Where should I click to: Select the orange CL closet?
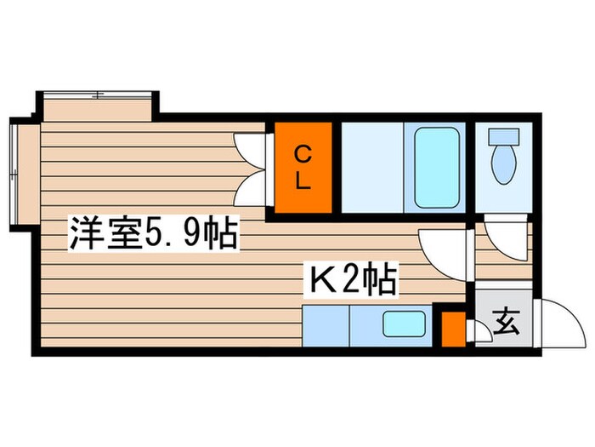[303, 168]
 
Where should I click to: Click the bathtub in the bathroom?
[437, 168]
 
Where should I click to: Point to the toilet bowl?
[503, 163]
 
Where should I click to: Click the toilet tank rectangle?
[503, 135]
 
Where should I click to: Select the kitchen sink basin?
[405, 324]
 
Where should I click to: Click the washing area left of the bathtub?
[371, 168]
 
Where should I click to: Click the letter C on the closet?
[303, 154]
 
